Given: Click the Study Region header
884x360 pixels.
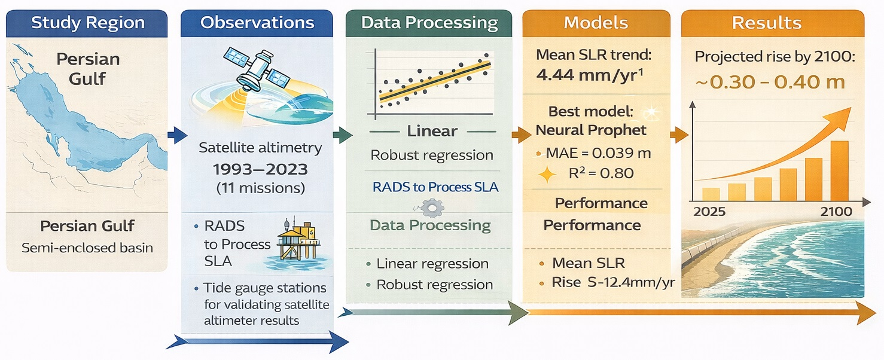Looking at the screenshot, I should pos(88,23).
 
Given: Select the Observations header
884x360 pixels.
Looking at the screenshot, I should pos(257,23).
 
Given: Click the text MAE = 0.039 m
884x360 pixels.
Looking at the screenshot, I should pos(598,153).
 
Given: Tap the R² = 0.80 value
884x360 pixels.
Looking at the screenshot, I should pos(600,174).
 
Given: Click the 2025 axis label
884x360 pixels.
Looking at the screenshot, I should pos(709,212).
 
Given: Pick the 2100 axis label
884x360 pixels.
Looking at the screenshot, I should pos(836,212).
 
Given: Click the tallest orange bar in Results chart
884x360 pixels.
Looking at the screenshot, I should pos(839,170).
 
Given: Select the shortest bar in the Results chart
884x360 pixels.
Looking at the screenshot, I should pos(711,194).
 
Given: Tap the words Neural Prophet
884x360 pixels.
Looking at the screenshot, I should pos(591,130).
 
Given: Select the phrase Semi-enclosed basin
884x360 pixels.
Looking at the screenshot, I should pos(87,247).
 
